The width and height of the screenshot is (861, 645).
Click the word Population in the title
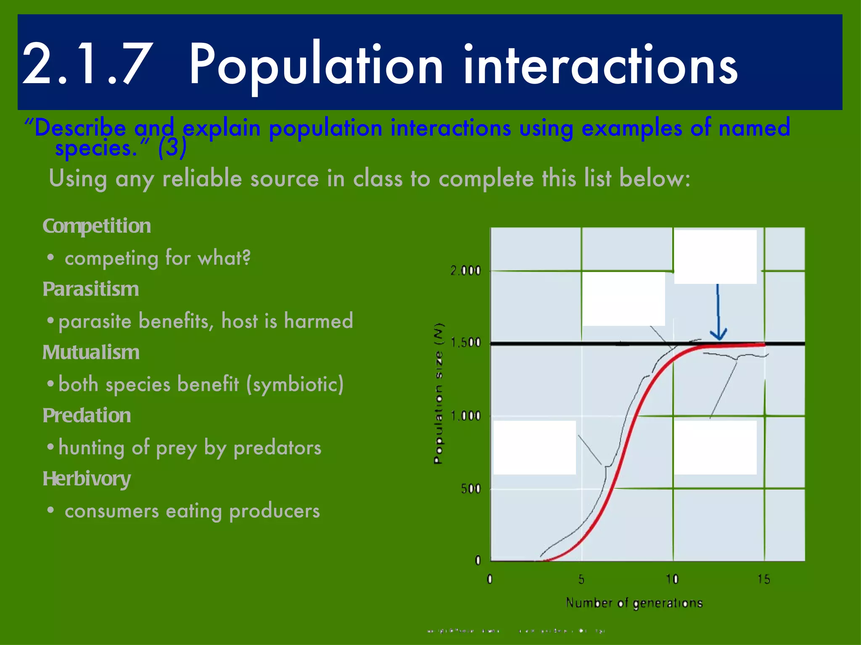tap(315, 65)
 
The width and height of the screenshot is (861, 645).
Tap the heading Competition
tap(97, 226)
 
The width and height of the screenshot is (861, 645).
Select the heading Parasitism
tap(91, 289)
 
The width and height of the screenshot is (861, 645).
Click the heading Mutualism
tap(91, 352)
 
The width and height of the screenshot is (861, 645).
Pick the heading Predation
tap(87, 416)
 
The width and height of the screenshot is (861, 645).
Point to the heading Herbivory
tap(87, 479)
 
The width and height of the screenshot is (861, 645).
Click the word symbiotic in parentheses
tap(296, 384)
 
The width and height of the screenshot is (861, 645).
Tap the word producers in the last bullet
tap(275, 511)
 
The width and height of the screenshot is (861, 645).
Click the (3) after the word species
tap(172, 148)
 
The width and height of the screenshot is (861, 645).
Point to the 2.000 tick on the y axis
tap(465, 271)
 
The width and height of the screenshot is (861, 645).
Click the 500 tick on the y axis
tap(470, 489)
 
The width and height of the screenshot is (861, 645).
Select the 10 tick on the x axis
tap(672, 579)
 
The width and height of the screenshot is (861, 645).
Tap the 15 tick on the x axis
tap(763, 579)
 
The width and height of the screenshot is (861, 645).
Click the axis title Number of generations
tap(634, 603)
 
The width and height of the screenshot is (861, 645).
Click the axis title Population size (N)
tap(438, 393)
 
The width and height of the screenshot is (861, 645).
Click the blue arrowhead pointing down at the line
tap(718, 335)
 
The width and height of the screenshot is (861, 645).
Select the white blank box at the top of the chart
tap(715, 257)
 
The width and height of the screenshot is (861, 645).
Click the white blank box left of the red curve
tap(534, 447)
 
